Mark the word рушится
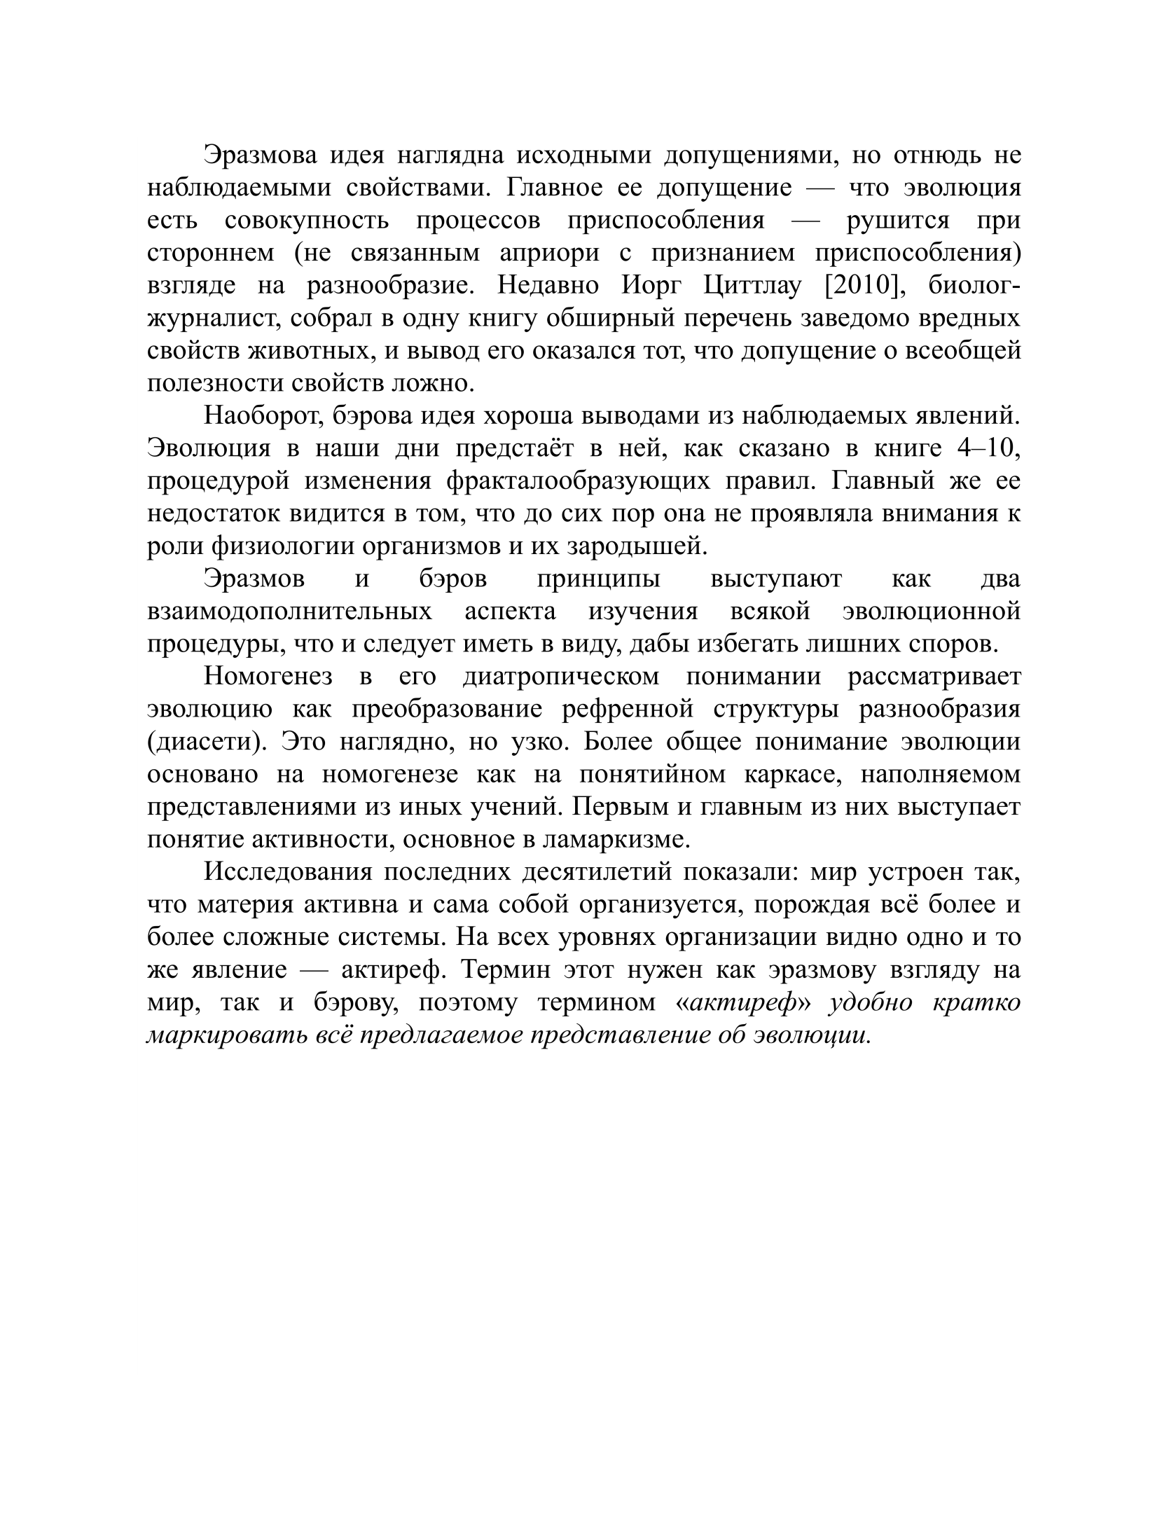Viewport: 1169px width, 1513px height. click(x=897, y=220)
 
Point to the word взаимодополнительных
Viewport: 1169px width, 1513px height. click(x=289, y=612)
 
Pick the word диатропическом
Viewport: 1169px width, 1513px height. click(x=561, y=677)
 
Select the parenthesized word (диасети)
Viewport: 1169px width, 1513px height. click(x=207, y=742)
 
